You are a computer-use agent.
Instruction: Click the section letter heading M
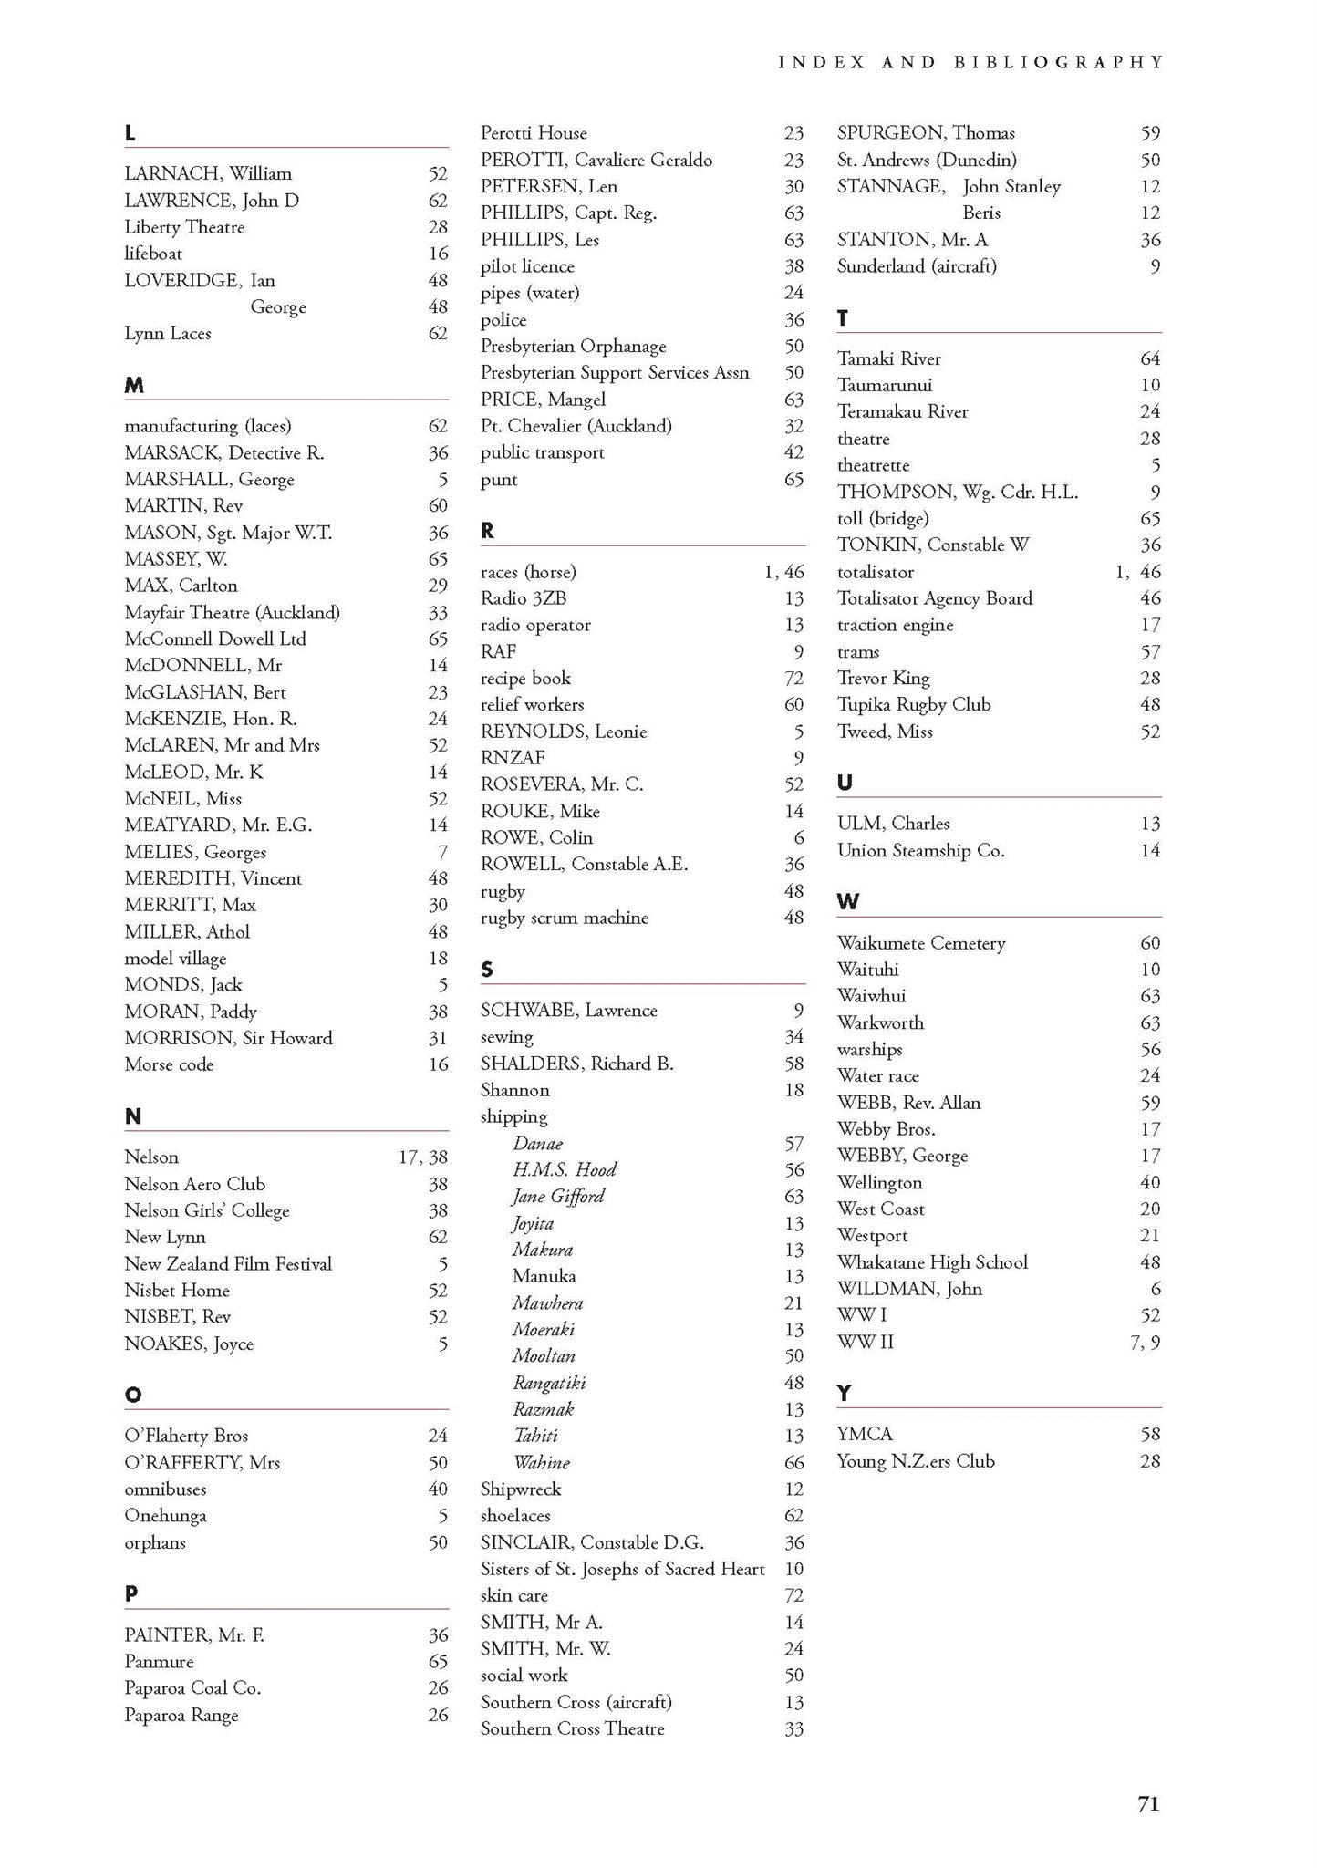point(134,386)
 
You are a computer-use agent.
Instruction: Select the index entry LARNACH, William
point(208,174)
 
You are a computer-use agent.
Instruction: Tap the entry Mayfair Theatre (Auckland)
point(232,613)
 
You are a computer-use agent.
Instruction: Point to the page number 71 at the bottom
point(1148,1803)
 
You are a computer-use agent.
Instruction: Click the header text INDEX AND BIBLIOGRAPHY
point(970,63)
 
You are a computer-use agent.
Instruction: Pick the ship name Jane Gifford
point(558,1197)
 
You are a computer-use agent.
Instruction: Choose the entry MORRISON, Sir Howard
point(228,1038)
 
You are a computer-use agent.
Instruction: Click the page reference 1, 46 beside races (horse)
point(783,573)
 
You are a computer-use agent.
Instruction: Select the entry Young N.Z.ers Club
point(916,1461)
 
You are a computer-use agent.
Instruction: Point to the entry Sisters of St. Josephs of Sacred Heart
point(622,1570)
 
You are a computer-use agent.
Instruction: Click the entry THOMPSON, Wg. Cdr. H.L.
point(958,493)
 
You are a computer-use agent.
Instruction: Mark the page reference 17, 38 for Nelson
point(423,1157)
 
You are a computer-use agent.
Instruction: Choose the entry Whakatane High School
point(932,1262)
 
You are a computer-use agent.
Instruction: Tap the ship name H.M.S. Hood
point(565,1170)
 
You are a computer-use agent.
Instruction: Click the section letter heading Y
point(844,1394)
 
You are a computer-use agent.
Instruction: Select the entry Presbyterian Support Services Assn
point(615,373)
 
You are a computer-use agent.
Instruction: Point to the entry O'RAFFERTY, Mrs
point(202,1463)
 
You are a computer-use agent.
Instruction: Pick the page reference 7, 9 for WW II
point(1145,1343)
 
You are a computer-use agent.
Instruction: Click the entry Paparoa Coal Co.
point(192,1688)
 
